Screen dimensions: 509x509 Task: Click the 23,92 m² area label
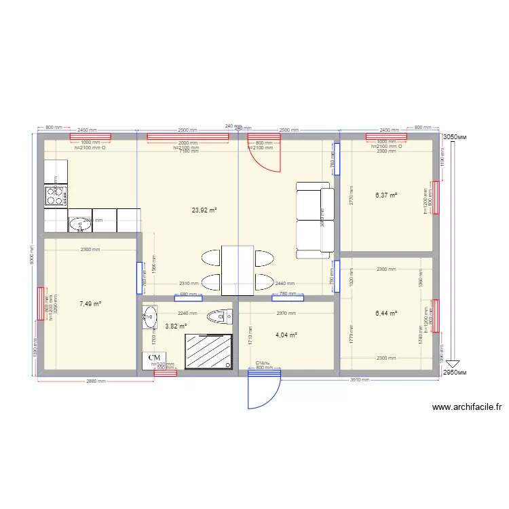pos(204,210)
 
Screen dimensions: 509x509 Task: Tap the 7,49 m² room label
pos(90,304)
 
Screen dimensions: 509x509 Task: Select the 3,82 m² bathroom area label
pos(176,326)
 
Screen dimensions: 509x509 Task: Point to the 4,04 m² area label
pos(286,335)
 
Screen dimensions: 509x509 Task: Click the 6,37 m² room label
pos(386,195)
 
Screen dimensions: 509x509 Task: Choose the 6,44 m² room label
pos(386,314)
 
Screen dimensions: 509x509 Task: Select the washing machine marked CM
pos(155,358)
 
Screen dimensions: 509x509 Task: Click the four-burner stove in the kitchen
pos(56,196)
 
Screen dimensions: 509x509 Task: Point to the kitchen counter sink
pos(79,223)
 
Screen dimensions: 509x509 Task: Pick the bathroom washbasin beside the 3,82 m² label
pos(149,316)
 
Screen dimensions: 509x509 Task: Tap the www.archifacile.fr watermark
pos(467,407)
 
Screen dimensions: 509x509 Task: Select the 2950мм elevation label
pos(455,373)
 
